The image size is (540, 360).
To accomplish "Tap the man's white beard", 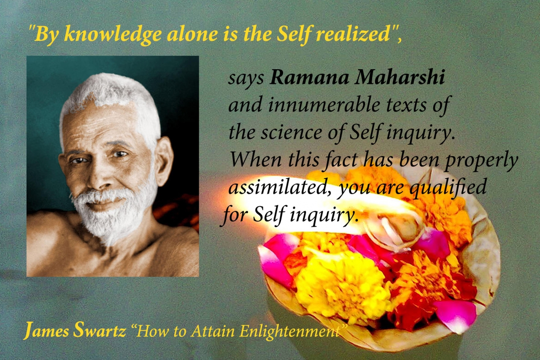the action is click(x=106, y=217).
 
